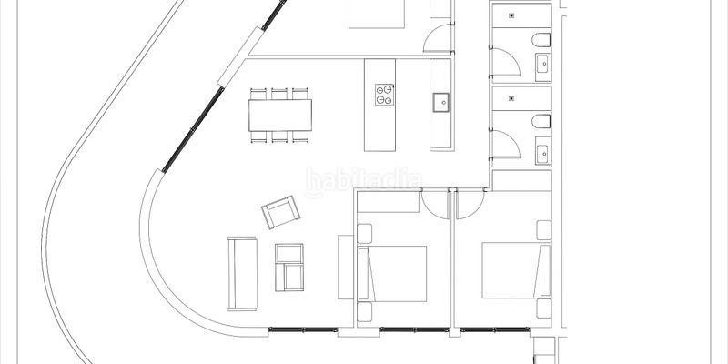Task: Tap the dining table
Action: [x=280, y=115]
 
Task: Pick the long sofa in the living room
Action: [x=243, y=272]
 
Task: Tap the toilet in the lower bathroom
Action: [x=541, y=122]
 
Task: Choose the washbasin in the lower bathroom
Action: [x=542, y=150]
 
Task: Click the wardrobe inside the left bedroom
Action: [x=389, y=201]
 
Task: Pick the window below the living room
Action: [x=299, y=328]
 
